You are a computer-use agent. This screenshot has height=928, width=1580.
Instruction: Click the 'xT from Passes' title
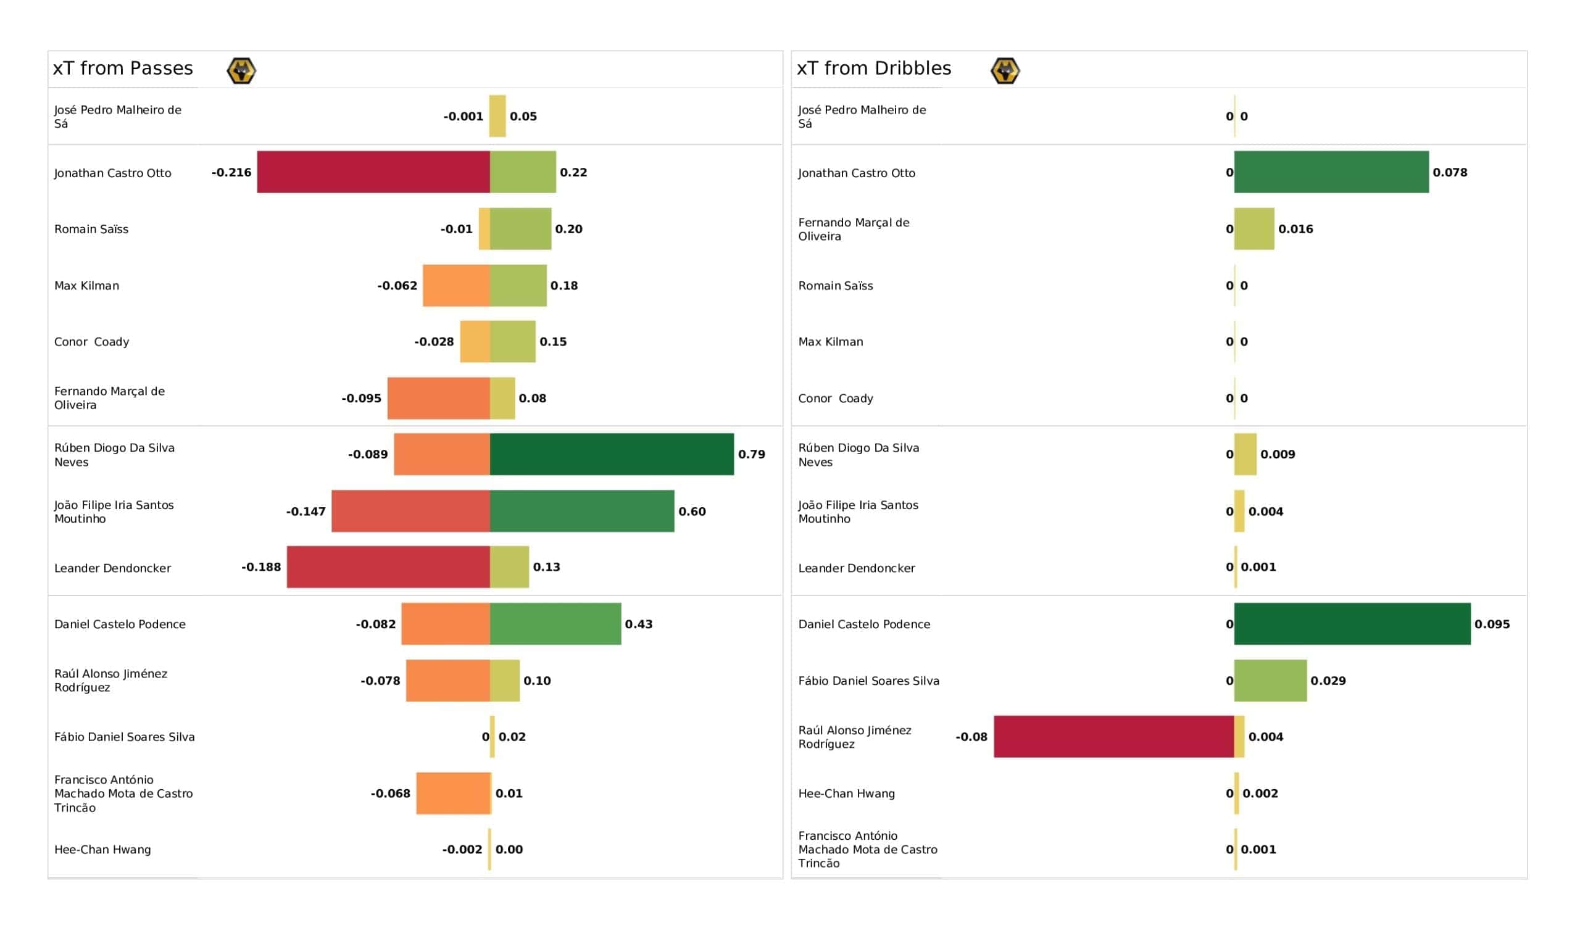(123, 68)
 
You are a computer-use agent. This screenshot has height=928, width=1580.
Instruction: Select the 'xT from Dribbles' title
(874, 68)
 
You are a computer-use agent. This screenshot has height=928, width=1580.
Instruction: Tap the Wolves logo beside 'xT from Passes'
(241, 71)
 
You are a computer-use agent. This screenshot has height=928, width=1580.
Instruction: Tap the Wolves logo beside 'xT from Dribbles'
(1005, 71)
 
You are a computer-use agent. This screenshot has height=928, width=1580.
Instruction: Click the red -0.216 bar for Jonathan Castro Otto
(373, 172)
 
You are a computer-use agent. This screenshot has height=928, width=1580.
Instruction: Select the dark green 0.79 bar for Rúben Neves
(612, 454)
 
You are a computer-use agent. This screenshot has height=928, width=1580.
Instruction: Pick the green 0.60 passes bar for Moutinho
(583, 511)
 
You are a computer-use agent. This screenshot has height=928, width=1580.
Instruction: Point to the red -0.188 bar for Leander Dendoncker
(389, 567)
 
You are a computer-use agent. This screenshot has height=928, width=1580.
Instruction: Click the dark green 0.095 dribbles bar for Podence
(1352, 624)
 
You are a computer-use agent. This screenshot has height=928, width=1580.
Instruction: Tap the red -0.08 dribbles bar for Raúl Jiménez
(1114, 737)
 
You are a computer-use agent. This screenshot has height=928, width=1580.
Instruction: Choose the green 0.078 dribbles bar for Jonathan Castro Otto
(1332, 172)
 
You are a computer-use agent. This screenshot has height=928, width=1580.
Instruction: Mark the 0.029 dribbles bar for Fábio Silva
(1271, 681)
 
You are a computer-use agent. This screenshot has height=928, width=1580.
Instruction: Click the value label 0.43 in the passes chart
(639, 624)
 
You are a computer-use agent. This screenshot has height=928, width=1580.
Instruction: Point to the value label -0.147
(306, 512)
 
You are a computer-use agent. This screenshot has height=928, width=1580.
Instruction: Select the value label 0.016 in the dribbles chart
(1296, 229)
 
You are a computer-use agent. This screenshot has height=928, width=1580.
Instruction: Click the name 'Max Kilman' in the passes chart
(86, 285)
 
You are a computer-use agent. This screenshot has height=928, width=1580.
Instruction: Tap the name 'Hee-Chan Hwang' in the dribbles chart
(846, 793)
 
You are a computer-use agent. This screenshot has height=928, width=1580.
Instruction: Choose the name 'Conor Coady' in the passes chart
(91, 342)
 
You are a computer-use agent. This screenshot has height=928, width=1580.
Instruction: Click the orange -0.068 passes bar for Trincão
(453, 793)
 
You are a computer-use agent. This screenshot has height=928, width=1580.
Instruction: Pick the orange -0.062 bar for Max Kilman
(457, 285)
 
